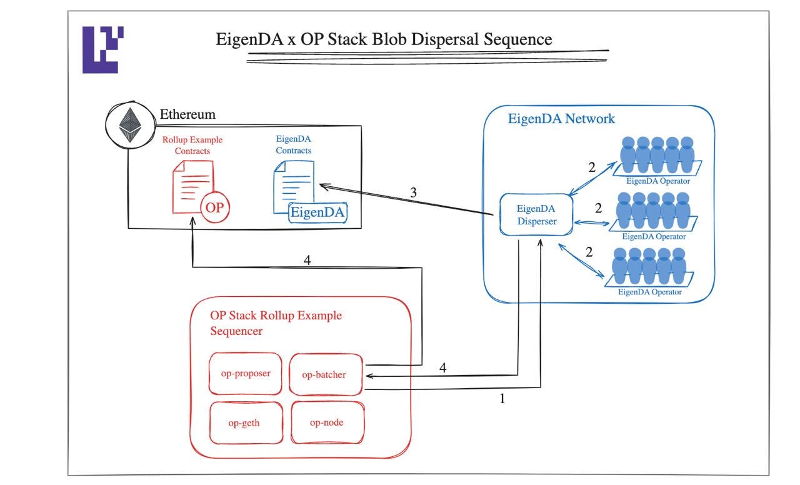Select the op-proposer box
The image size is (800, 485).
pyautogui.click(x=245, y=374)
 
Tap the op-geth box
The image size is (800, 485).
pyautogui.click(x=244, y=423)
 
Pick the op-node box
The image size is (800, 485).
pyautogui.click(x=326, y=422)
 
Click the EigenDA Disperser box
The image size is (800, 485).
pyautogui.click(x=536, y=214)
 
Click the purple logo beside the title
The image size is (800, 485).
pyautogui.click(x=102, y=49)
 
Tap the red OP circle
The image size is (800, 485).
pyautogui.click(x=214, y=207)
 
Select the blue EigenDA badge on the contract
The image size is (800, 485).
pyautogui.click(x=318, y=212)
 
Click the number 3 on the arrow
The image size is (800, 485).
pyautogui.click(x=413, y=192)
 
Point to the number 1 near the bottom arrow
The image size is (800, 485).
pyautogui.click(x=502, y=398)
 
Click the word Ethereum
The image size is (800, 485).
pyautogui.click(x=187, y=114)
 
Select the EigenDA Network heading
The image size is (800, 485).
pyautogui.click(x=561, y=118)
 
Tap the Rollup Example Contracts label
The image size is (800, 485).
pyautogui.click(x=192, y=145)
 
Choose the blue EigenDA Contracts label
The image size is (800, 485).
pyautogui.click(x=293, y=144)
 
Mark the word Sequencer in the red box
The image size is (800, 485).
pyautogui.click(x=236, y=331)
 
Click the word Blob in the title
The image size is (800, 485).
pyautogui.click(x=362, y=39)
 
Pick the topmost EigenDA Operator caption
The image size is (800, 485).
pyautogui.click(x=658, y=181)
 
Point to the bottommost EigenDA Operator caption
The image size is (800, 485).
pyautogui.click(x=650, y=292)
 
